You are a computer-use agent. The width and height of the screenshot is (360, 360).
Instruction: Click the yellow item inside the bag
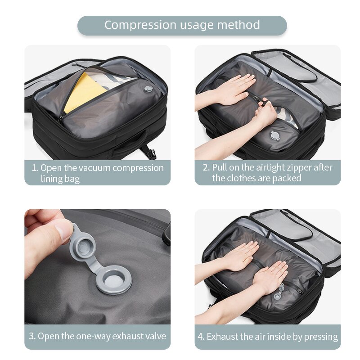(84, 92)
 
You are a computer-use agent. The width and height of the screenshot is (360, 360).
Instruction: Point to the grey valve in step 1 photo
(147, 90)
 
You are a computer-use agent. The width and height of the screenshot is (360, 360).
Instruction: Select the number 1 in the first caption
(34, 168)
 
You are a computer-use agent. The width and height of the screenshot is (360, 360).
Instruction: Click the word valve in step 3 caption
(156, 336)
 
